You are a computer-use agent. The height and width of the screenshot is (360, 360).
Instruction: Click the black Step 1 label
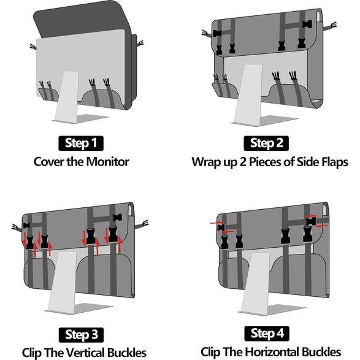[81, 144]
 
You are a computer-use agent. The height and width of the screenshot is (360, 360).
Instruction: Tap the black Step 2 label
[266, 144]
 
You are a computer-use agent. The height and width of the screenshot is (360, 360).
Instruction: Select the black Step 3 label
[81, 335]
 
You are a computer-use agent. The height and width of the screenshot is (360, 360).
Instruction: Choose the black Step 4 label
[267, 334]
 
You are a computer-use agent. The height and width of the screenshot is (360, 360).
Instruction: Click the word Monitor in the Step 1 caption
[108, 162]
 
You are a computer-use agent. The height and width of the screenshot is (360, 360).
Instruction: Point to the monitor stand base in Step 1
[81, 119]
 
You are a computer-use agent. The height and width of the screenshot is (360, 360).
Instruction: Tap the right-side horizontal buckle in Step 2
[307, 24]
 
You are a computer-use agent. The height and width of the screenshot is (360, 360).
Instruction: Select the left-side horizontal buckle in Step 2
[217, 33]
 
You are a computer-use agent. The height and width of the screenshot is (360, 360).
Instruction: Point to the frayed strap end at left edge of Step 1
[33, 47]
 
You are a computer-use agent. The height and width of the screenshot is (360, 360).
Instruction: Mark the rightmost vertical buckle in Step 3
[113, 234]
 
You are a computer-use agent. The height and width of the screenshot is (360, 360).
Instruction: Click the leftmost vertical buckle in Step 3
[30, 242]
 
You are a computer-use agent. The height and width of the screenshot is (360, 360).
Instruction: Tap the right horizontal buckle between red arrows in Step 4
[311, 221]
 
